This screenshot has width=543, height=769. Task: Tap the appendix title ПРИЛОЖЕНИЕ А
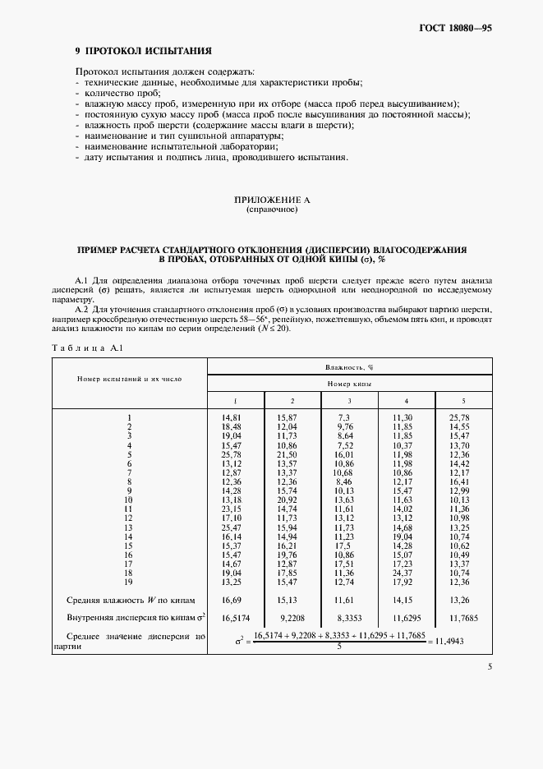click(271, 200)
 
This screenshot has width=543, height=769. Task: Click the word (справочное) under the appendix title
click(271, 210)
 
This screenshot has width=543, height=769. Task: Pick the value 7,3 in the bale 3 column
click(343, 417)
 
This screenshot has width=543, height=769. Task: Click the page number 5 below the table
click(489, 667)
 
